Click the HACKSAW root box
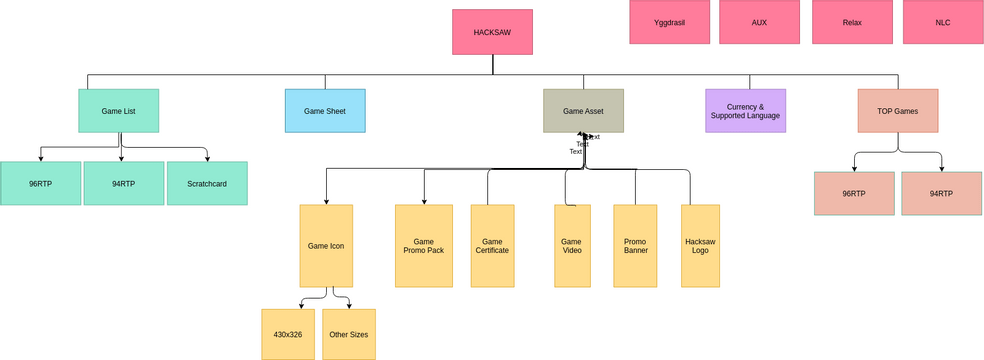[x=492, y=32]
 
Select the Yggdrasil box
[x=669, y=22]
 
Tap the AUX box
[x=759, y=22]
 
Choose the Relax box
[x=852, y=22]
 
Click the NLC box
[x=942, y=22]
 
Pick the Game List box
[x=119, y=111]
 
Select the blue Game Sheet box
[x=325, y=111]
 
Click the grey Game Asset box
[x=583, y=111]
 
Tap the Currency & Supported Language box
[x=745, y=111]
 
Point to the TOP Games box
[x=898, y=111]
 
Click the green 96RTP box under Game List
[x=41, y=184]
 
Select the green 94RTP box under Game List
[x=124, y=184]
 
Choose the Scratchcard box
[x=207, y=184]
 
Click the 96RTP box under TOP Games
[x=854, y=194]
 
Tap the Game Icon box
[x=326, y=246]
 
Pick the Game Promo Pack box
[x=424, y=246]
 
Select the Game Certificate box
[x=492, y=246]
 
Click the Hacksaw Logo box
[x=700, y=246]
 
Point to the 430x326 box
[x=288, y=335]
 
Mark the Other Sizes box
[x=349, y=335]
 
